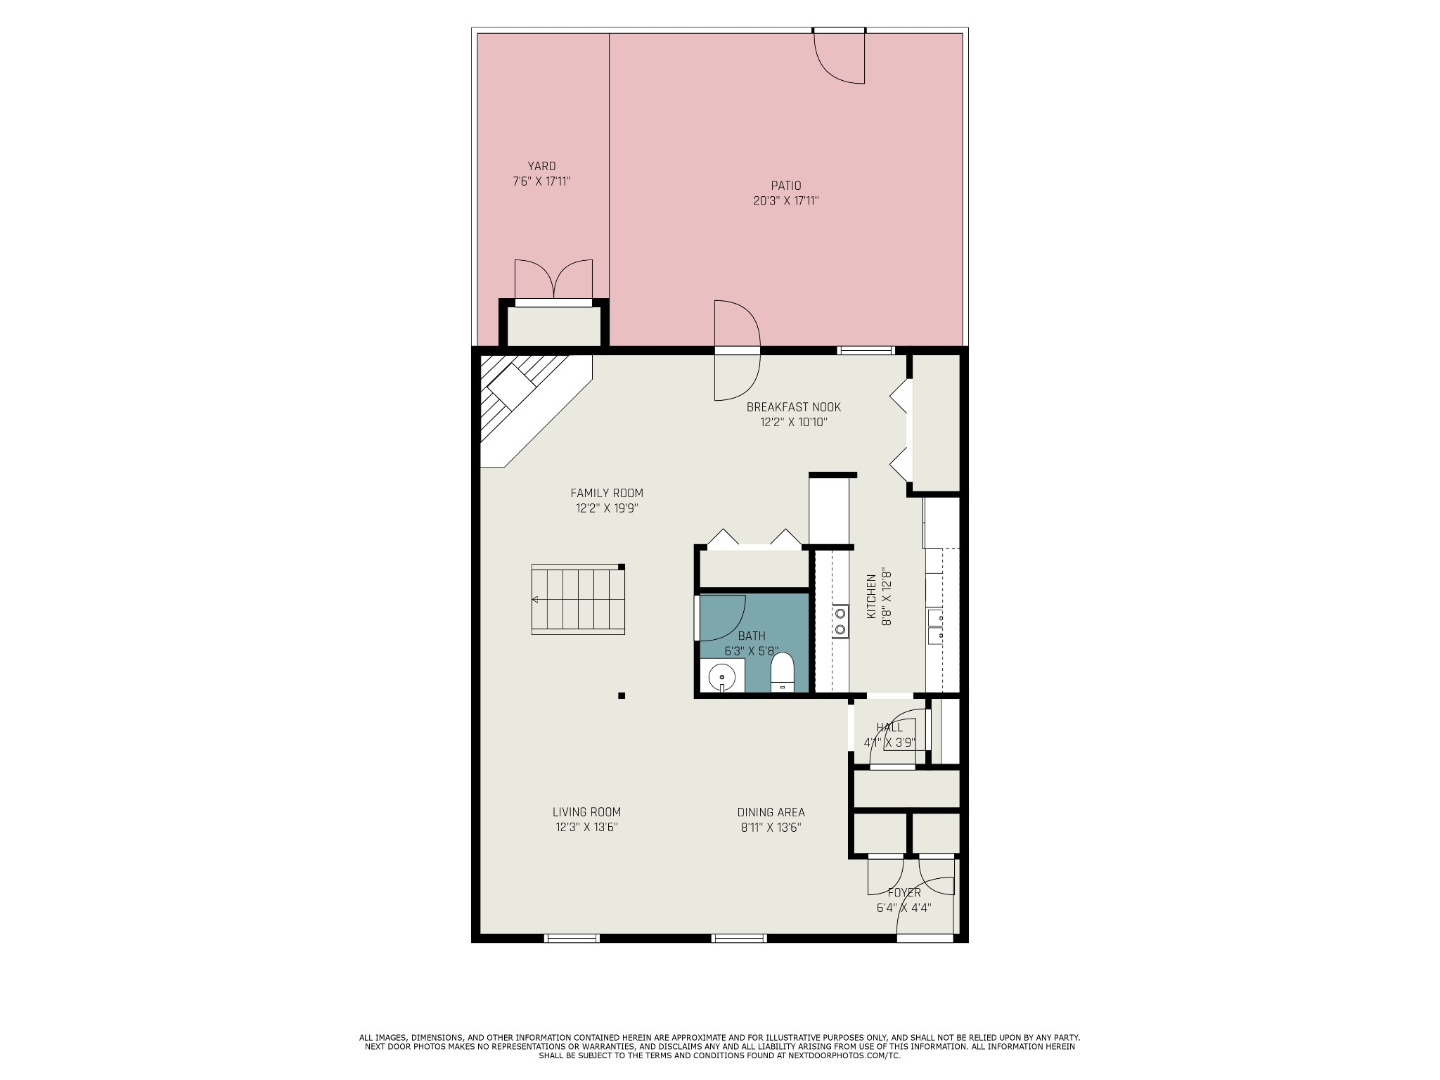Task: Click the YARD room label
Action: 541,167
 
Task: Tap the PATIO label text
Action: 785,186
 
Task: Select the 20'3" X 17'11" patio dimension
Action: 785,201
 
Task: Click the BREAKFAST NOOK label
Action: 793,407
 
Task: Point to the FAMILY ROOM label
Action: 606,494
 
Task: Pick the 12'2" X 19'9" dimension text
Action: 606,508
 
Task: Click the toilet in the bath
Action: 782,671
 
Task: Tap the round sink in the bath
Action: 722,678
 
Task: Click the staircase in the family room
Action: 578,599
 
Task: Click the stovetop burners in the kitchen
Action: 840,622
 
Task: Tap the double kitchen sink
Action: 935,626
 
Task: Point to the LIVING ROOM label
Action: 586,812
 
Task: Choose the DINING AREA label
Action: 771,812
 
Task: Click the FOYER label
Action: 904,893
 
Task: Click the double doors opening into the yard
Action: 553,279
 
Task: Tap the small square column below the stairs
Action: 622,696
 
